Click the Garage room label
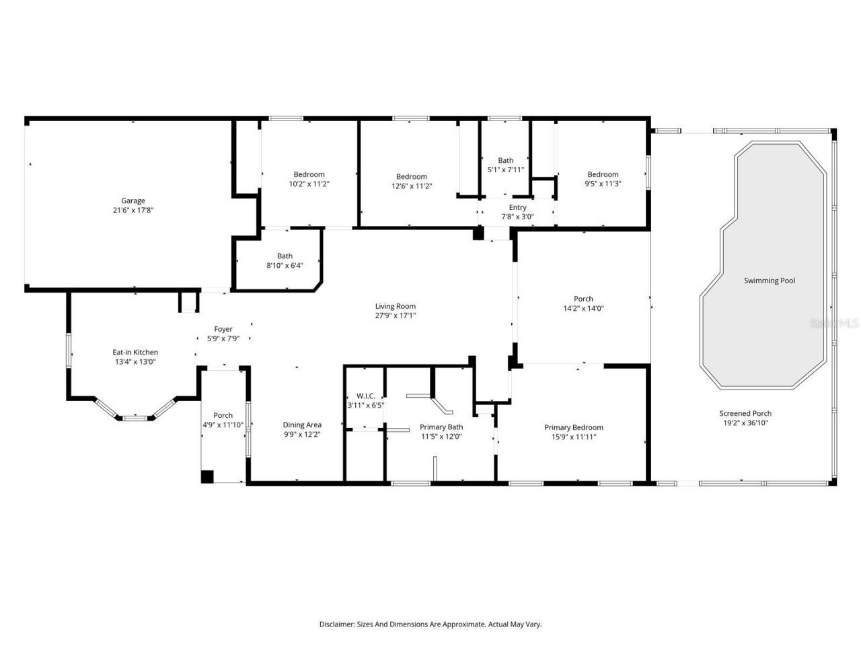pyautogui.click(x=133, y=201)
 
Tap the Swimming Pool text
pyautogui.click(x=769, y=281)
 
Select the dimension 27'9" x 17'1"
pyautogui.click(x=396, y=316)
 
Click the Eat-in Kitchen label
pyautogui.click(x=135, y=352)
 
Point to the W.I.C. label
pyautogui.click(x=365, y=396)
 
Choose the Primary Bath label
pyautogui.click(x=441, y=427)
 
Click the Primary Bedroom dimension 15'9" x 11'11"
pyautogui.click(x=573, y=437)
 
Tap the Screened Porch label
pyautogui.click(x=745, y=413)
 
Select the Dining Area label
pyautogui.click(x=302, y=425)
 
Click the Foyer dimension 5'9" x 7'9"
pyautogui.click(x=223, y=338)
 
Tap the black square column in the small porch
pyautogui.click(x=208, y=476)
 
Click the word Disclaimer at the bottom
pyautogui.click(x=336, y=624)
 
